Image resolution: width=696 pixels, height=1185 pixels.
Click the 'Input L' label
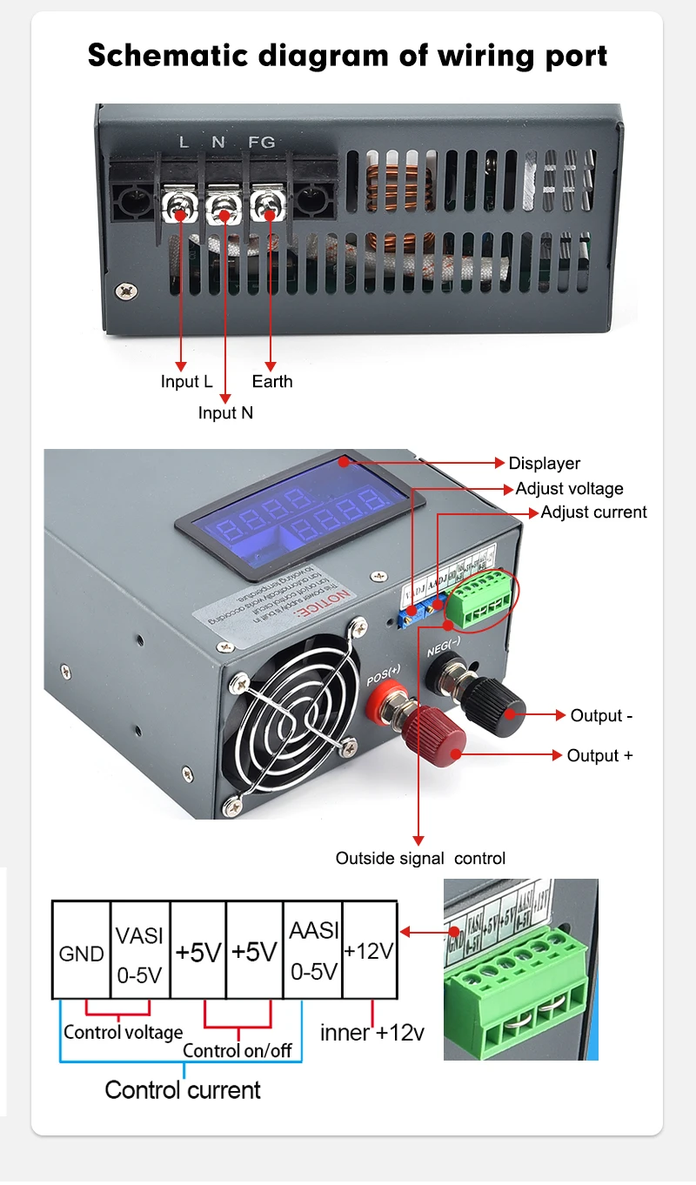coord(186,381)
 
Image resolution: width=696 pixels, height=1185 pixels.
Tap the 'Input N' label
coord(225,412)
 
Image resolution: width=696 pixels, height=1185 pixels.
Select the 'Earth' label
coord(272,381)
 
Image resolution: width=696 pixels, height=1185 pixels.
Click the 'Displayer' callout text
coord(544,464)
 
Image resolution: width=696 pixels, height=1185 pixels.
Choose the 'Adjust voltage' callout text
coord(569,488)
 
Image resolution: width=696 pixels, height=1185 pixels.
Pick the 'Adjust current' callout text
coord(593,512)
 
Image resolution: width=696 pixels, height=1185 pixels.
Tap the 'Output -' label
coord(601,715)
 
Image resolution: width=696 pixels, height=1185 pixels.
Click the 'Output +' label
coord(599,755)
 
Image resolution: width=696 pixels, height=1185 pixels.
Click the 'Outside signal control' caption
coord(420,859)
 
